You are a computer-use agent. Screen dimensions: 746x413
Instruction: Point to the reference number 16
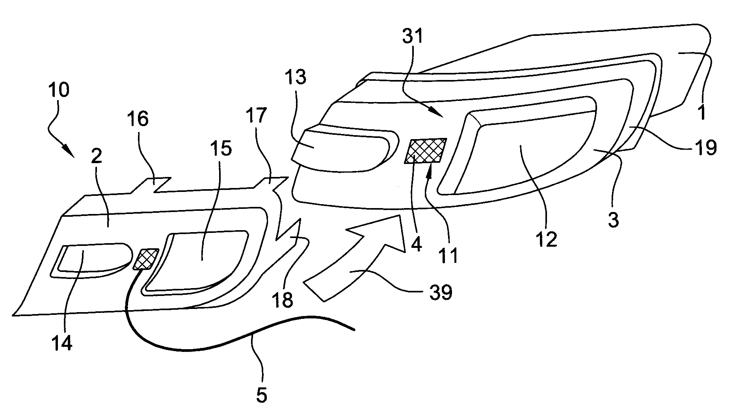[x=138, y=119]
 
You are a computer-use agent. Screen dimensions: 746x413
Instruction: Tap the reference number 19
[x=705, y=148]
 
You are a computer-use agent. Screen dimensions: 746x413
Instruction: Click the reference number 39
[x=441, y=292]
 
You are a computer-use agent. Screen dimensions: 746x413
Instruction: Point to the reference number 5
[x=261, y=395]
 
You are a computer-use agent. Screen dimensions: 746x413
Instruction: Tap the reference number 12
[x=546, y=239]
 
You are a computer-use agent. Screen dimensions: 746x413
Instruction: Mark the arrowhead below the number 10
[x=69, y=151]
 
